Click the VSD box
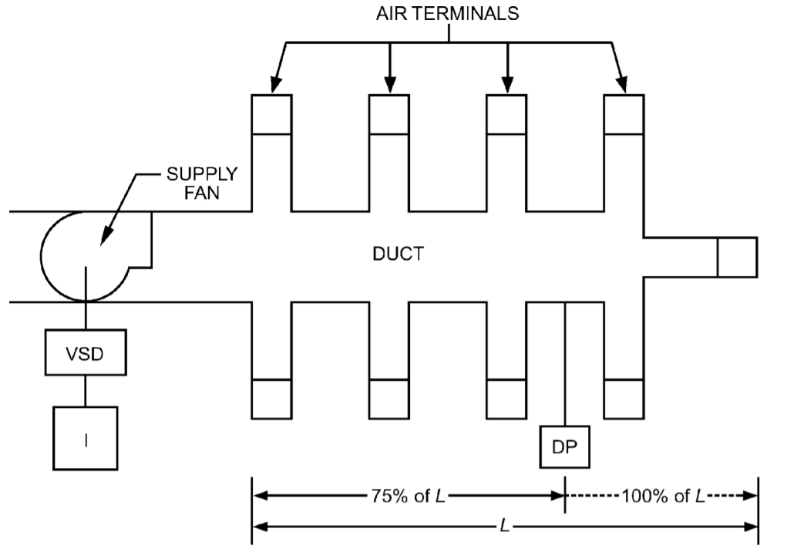85,355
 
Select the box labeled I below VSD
85,438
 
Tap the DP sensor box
566,446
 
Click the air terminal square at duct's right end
737,257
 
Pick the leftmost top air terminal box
271,114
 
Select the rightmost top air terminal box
623,114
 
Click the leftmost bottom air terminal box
271,399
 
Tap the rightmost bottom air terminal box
623,399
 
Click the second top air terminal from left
388,114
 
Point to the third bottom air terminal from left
506,399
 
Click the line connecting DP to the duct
566,362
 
